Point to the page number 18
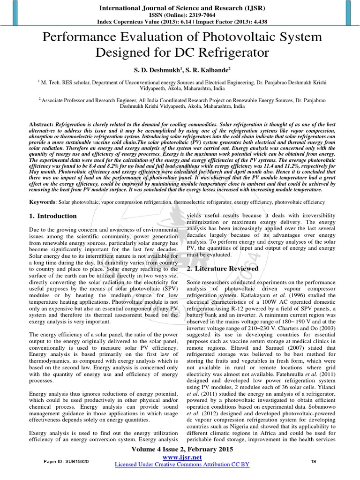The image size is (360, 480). pos(314,462)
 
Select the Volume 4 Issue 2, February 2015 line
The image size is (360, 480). pos(180,449)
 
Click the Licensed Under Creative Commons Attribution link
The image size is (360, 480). pos(182,464)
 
